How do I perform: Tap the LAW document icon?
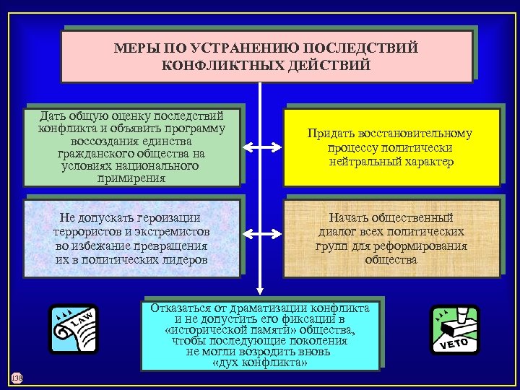(x=73, y=329)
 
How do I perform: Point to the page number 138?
(x=16, y=378)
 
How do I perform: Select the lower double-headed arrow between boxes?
(x=260, y=233)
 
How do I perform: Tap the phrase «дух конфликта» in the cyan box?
(x=260, y=363)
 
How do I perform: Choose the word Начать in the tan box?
(x=351, y=218)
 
